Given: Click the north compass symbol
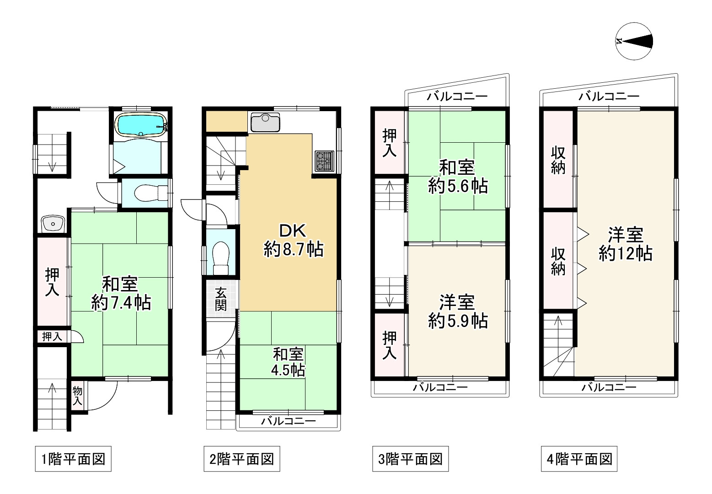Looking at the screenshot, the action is click(x=634, y=41).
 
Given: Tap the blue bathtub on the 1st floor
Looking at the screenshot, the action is click(x=141, y=125).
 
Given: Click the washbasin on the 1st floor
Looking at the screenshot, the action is click(x=53, y=224).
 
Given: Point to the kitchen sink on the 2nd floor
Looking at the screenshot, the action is click(x=265, y=123).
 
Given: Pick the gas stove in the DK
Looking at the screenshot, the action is click(x=325, y=161).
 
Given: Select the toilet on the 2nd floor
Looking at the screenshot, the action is click(x=220, y=258).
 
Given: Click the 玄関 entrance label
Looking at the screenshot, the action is click(x=220, y=299).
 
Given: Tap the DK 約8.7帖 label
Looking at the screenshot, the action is click(x=294, y=240).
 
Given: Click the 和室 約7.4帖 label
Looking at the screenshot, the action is click(x=121, y=293).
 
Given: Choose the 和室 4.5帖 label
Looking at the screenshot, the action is click(x=288, y=362).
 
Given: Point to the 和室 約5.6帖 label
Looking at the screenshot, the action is click(x=458, y=177).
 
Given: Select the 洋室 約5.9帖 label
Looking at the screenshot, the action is click(x=458, y=311).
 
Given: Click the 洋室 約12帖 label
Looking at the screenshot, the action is click(x=626, y=244).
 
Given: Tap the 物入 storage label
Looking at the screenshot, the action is click(x=78, y=396).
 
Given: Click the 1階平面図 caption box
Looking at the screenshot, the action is click(x=73, y=459).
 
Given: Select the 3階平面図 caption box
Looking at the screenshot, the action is click(x=410, y=459).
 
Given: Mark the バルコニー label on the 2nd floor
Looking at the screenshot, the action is click(x=288, y=422).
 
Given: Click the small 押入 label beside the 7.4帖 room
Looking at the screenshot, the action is click(x=52, y=336).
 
